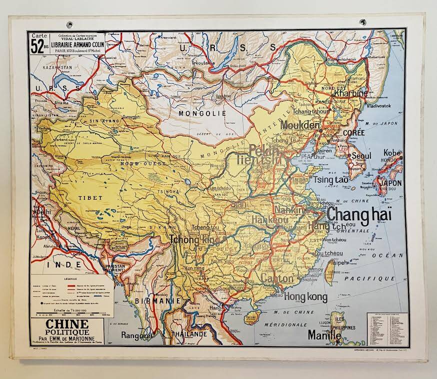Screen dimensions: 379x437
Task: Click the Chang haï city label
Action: pos(359,215)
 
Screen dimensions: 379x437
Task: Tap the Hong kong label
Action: pos(305,297)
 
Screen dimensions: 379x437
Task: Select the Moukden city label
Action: pos(300,125)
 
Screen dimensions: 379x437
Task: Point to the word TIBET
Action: pos(90,198)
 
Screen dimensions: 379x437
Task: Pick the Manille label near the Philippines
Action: pos(324,334)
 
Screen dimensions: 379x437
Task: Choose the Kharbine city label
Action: pos(350,93)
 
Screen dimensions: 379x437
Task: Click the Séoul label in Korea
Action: pos(361,156)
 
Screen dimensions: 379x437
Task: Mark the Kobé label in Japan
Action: pos(392,153)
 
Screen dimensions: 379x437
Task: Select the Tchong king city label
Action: pos(195,240)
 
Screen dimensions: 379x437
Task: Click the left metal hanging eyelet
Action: pos(69,24)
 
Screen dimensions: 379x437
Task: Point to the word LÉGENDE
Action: pos(68,278)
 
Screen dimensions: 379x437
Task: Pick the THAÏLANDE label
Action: pos(189,334)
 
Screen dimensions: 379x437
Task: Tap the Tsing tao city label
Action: pos(330,180)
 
